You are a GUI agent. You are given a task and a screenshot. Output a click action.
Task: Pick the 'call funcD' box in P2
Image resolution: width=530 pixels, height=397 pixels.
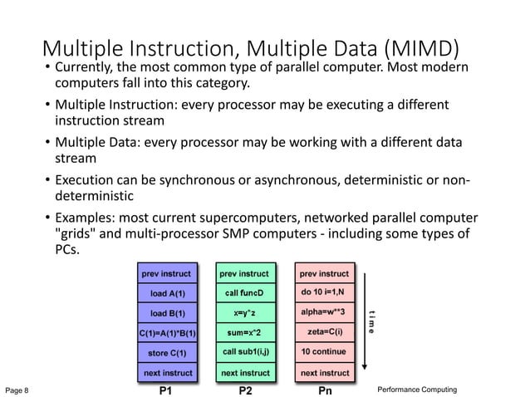pos(243,293)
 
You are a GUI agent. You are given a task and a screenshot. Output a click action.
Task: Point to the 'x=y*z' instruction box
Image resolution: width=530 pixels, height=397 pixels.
pos(243,313)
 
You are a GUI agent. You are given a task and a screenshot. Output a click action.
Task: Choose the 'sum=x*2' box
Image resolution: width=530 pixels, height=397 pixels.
pos(243,333)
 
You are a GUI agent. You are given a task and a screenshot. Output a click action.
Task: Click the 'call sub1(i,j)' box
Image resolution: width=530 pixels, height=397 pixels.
pos(243,353)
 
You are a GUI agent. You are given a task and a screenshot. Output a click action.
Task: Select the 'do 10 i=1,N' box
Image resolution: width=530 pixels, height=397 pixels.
pos(323,293)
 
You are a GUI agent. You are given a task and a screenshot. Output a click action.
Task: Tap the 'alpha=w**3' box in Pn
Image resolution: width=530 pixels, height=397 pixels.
pos(323,313)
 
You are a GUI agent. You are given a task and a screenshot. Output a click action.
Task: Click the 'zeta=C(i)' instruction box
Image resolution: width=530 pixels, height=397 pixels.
pos(323,333)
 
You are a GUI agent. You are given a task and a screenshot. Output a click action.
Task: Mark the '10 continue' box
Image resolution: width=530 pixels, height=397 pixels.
pos(323,353)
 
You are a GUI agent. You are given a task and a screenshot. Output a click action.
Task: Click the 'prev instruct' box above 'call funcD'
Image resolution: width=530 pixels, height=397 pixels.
pos(243,273)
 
